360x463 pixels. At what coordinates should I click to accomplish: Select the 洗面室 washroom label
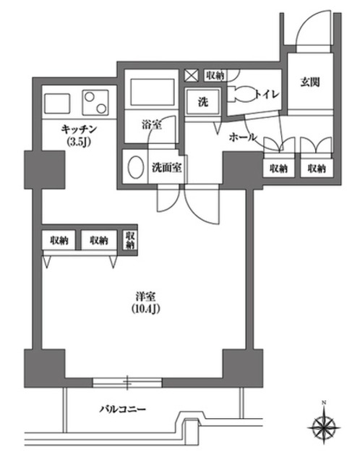pyautogui.click(x=165, y=166)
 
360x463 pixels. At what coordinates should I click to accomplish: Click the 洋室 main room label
pyautogui.click(x=144, y=296)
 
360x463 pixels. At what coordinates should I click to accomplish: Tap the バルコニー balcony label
pyautogui.click(x=123, y=409)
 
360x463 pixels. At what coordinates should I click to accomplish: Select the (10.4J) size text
pyautogui.click(x=144, y=310)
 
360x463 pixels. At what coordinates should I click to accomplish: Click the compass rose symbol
pyautogui.click(x=325, y=424)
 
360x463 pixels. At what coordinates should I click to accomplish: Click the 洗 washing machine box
pyautogui.click(x=203, y=101)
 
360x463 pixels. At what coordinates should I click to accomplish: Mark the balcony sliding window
pyautogui.click(x=127, y=380)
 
